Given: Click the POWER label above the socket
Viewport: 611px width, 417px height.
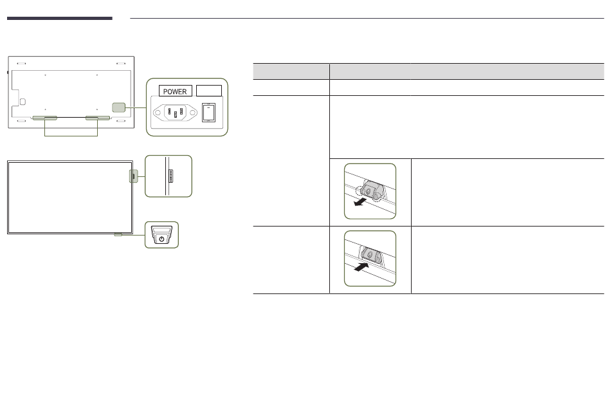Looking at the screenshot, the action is point(175,91).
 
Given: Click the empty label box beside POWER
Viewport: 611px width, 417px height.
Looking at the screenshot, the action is point(209,91).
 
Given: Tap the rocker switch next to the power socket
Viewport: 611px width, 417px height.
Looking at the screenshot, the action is point(208,113).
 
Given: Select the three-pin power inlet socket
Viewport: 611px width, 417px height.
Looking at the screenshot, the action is point(175,113).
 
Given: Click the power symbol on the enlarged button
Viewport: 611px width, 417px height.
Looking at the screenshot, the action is point(161,239).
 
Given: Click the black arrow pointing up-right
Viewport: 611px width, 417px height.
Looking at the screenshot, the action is point(361,267).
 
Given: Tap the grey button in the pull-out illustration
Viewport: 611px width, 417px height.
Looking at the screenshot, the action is point(369,190).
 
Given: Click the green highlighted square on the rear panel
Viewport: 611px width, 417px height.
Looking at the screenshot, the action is point(118,107).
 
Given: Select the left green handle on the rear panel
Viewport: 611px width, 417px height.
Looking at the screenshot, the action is point(45,118).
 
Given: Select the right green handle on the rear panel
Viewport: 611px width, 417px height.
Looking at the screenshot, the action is point(97,118).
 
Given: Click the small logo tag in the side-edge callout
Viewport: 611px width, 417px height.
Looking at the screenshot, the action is point(170,176).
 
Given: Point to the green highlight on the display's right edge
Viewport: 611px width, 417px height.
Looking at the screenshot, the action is point(133,176).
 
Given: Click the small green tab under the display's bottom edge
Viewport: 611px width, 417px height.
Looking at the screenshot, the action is point(118,235).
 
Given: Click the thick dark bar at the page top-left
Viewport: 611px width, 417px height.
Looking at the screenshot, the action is point(60,18).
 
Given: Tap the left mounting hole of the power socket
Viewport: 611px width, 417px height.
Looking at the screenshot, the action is point(158,113).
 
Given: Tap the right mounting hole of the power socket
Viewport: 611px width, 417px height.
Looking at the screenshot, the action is point(193,113).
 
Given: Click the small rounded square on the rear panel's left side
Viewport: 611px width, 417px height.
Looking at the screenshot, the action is point(23,102).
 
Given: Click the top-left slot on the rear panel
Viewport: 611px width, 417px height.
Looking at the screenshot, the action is point(21,63).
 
